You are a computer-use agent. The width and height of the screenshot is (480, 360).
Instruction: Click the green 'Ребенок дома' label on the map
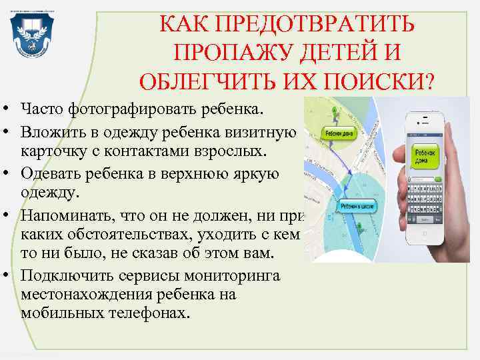[339, 133]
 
